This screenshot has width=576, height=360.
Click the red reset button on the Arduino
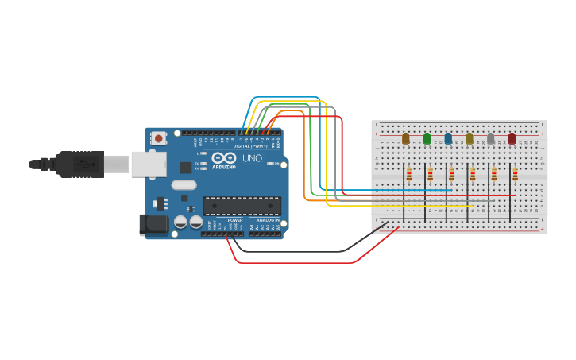click(158, 138)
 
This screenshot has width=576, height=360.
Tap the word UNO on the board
click(252, 158)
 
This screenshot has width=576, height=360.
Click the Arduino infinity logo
click(223, 158)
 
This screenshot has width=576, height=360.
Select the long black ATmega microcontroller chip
click(242, 206)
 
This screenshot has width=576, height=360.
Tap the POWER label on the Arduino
click(235, 220)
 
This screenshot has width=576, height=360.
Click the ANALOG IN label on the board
click(267, 220)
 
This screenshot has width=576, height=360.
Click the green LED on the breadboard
click(427, 138)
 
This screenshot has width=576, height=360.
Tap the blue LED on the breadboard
click(448, 138)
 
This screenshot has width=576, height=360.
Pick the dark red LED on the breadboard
click(512, 138)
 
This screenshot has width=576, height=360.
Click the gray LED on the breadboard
click(490, 138)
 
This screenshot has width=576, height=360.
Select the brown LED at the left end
click(405, 138)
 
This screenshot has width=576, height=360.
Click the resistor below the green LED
click(430, 174)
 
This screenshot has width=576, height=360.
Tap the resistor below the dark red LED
click(515, 174)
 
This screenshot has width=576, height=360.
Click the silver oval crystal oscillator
click(184, 185)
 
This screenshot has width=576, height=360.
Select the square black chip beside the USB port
click(186, 168)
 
